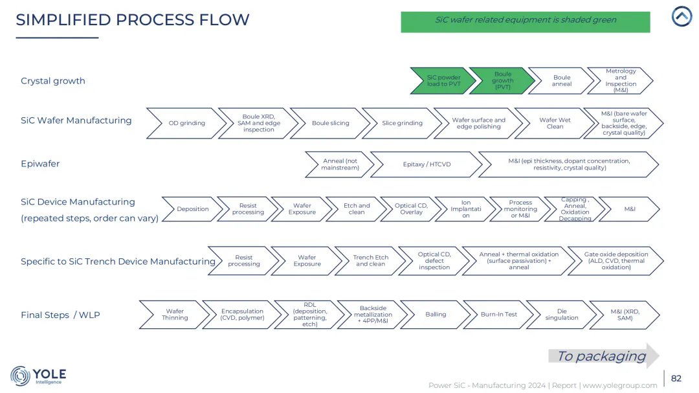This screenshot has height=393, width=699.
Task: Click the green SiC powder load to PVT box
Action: [443, 81]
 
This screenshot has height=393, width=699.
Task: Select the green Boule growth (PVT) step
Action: [502, 81]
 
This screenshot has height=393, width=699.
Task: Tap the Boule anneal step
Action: [561, 81]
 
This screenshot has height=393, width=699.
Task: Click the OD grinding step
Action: [186, 123]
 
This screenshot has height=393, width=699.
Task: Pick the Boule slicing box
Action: [330, 123]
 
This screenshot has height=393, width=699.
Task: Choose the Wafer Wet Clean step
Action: [555, 123]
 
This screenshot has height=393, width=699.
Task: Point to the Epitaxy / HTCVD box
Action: [427, 164]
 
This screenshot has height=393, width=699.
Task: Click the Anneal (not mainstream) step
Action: [340, 164]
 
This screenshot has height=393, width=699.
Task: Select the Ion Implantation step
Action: [465, 209]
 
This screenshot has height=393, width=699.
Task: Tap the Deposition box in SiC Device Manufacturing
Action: [192, 209]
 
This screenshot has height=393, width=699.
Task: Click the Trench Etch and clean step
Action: [371, 261]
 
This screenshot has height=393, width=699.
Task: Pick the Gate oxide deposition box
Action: [616, 261]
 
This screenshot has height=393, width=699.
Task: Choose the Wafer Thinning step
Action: [175, 315]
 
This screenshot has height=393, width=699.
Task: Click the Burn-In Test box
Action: [498, 315]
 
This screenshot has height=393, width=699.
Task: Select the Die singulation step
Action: [561, 315]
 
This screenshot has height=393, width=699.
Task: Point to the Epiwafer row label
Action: [40, 164]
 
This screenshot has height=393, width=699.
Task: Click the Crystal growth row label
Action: [53, 81]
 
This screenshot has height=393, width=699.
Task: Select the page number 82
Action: [676, 378]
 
